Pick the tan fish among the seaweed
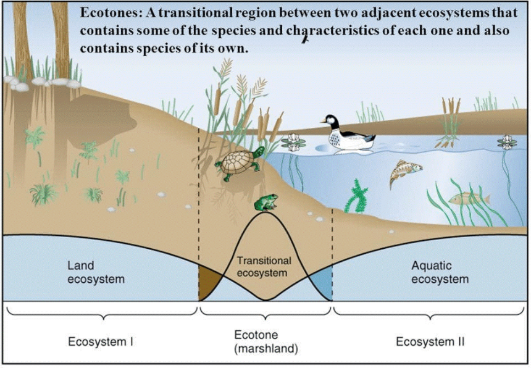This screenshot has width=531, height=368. (x=469, y=199)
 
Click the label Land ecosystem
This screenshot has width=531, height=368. (x=96, y=272)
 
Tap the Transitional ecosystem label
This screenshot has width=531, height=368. (x=264, y=267)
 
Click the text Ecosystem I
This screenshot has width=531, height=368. (x=101, y=342)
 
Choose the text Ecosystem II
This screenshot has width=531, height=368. (x=430, y=342)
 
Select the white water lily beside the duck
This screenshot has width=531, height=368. (x=293, y=143)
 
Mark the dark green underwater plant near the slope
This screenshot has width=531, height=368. (x=356, y=195)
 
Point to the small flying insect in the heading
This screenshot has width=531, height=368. (x=305, y=40)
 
